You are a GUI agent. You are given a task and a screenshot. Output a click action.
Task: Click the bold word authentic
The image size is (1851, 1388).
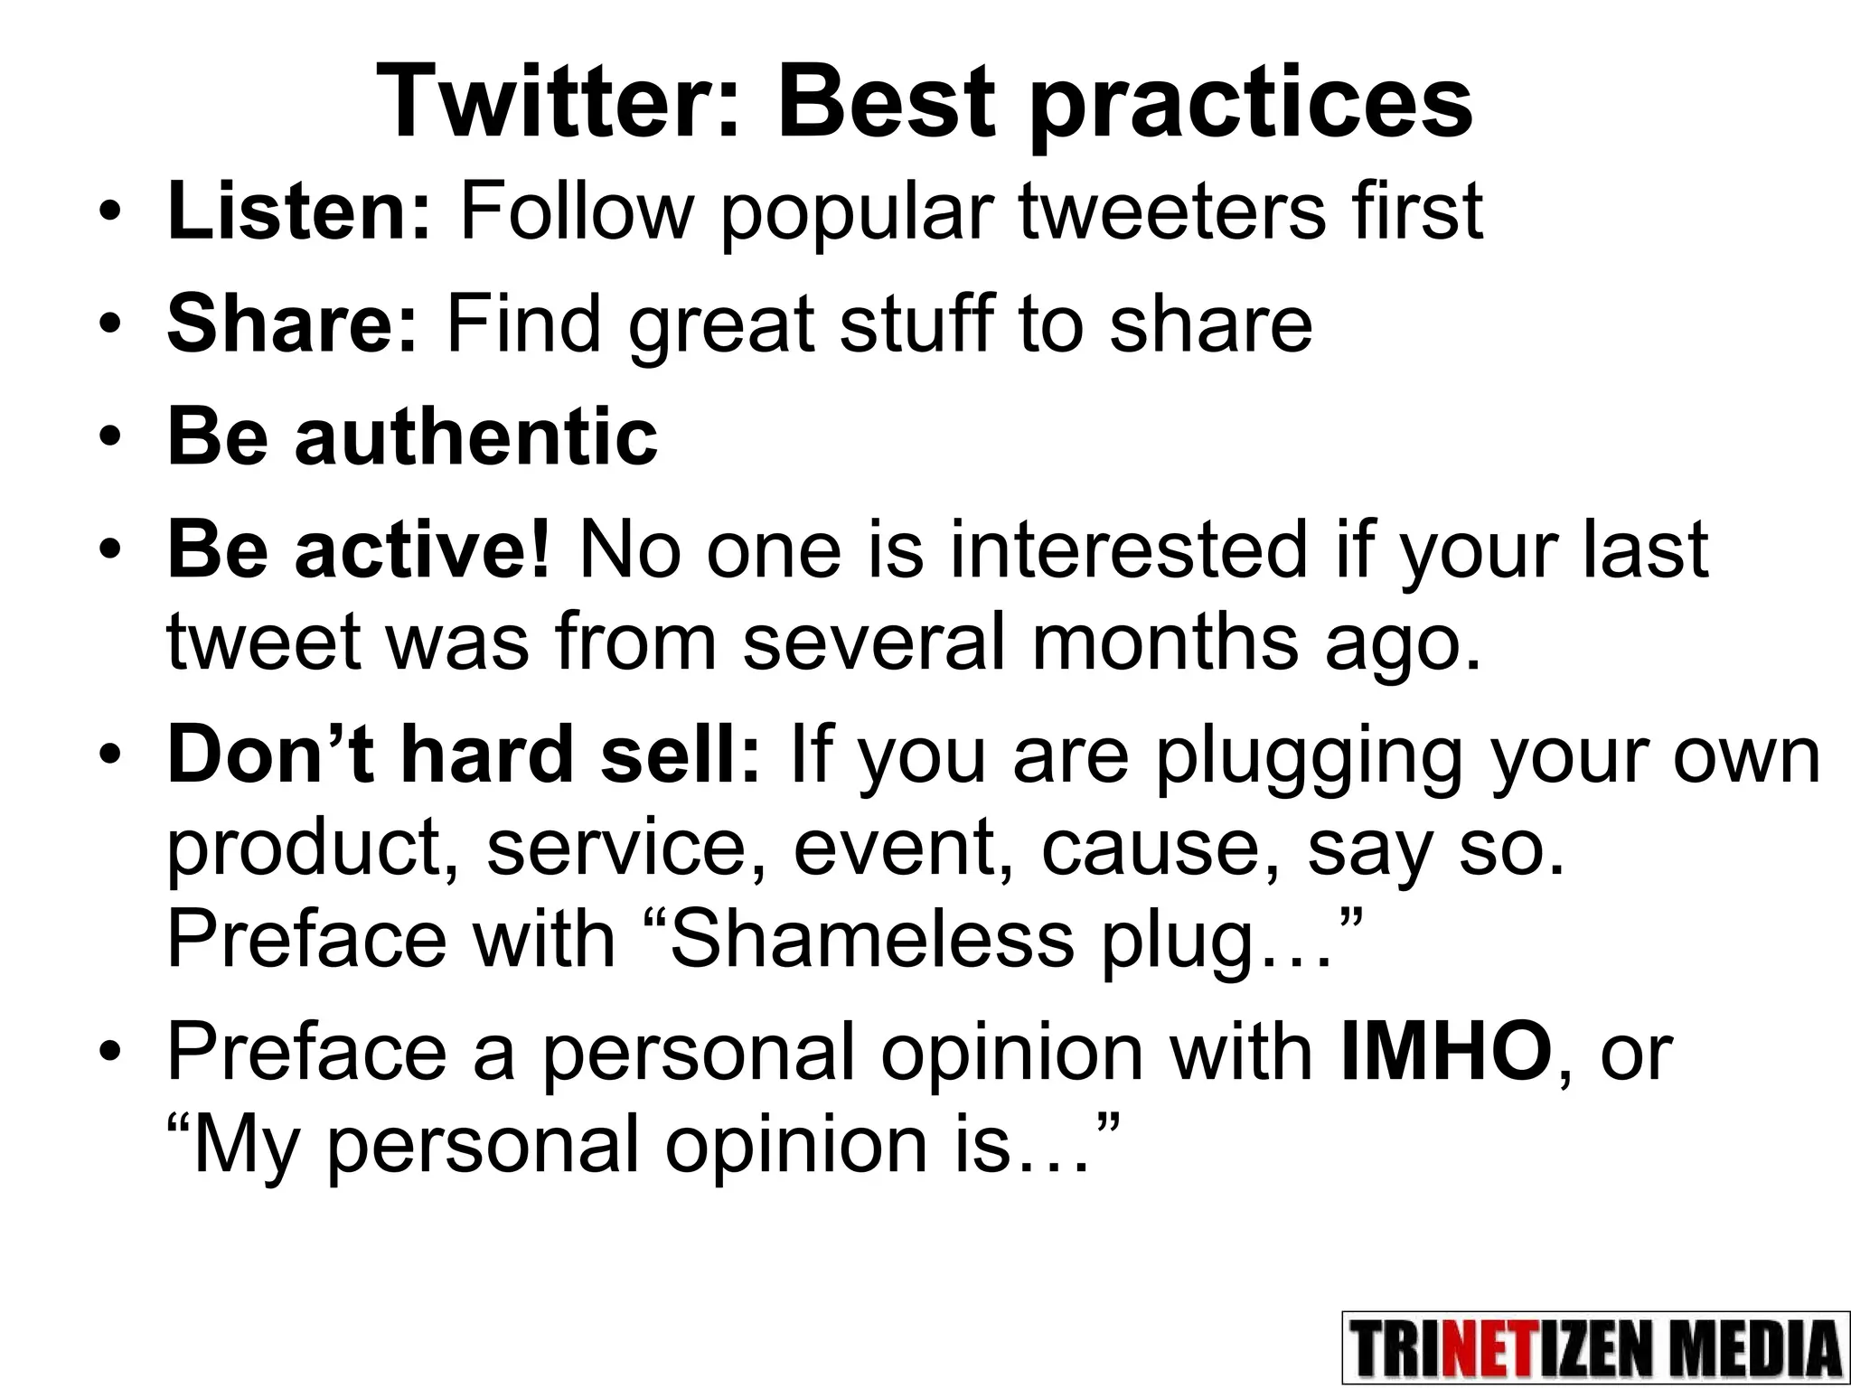pos(476,437)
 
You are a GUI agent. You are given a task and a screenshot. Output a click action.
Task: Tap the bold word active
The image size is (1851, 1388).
pos(421,550)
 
